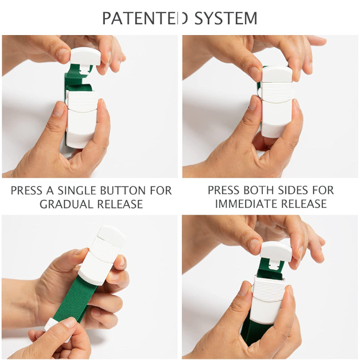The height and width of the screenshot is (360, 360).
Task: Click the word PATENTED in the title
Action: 145,18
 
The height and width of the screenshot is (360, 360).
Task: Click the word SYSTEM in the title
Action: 226,18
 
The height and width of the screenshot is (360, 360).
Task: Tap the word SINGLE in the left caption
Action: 76,190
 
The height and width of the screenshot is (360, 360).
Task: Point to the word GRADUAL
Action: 66,204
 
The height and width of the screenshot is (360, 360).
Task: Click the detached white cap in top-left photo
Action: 85,57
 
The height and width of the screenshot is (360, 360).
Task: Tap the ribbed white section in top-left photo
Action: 82,100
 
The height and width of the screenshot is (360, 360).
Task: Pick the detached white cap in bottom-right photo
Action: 276,252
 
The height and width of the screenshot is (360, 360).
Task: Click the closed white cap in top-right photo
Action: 277,73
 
